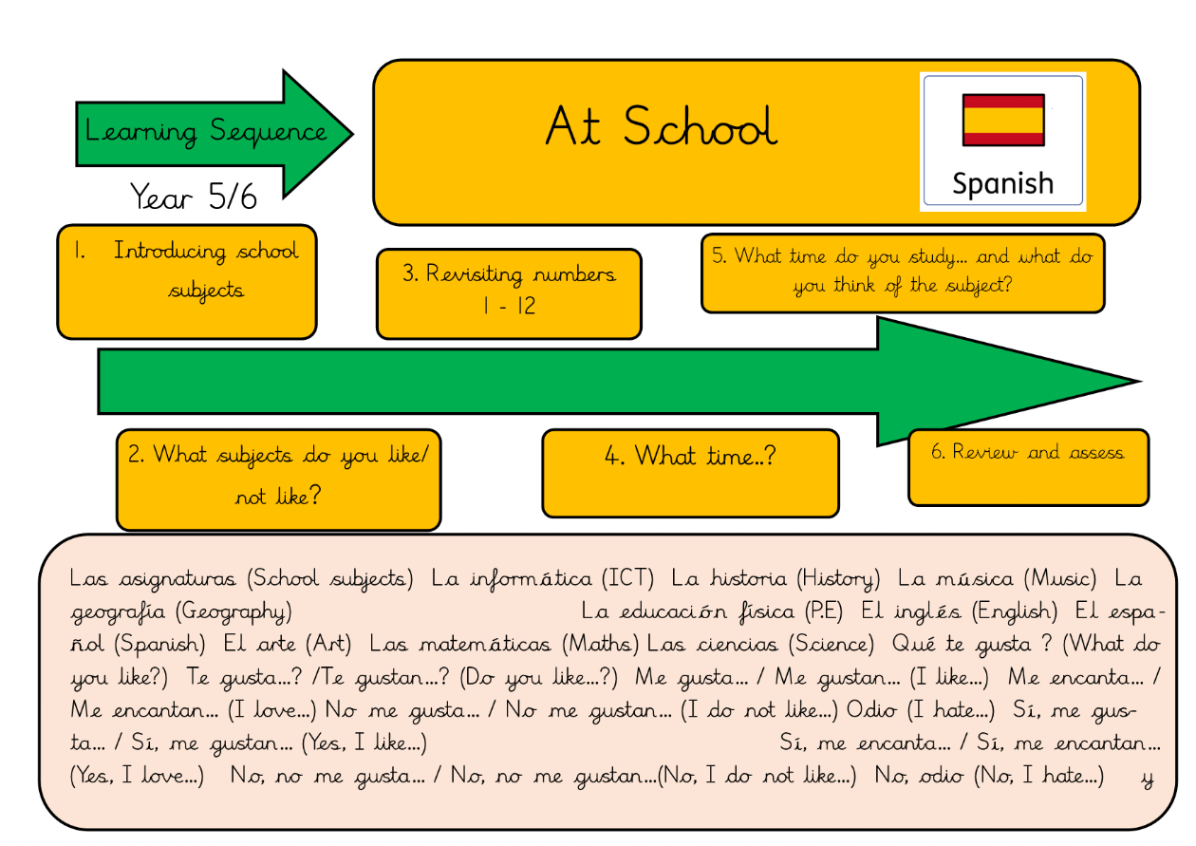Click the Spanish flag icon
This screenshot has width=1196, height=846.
click(1003, 119)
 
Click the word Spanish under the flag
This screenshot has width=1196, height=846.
click(1002, 182)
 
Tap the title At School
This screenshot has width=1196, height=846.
click(661, 127)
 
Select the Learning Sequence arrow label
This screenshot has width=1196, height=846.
click(206, 131)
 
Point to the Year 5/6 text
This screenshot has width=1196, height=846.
click(194, 197)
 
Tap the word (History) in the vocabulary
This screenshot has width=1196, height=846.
click(838, 578)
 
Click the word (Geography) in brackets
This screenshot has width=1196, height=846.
click(234, 611)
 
